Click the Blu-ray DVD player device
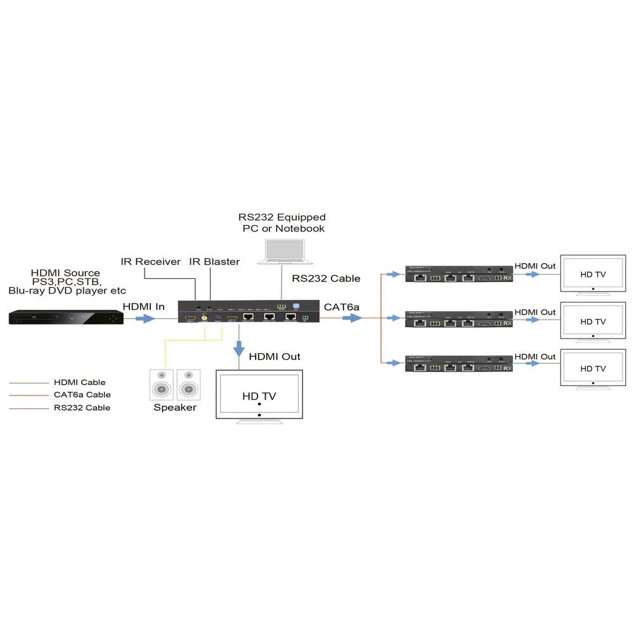[x=66, y=317]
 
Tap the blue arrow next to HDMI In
[x=145, y=318]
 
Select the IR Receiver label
[x=150, y=261]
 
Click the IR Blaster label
[x=215, y=261]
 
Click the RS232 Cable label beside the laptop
[x=326, y=278]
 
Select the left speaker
[x=161, y=384]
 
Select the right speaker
[x=188, y=384]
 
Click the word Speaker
[x=175, y=408]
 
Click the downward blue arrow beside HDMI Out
[x=239, y=349]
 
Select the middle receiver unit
[x=458, y=320]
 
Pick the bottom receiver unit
[x=458, y=365]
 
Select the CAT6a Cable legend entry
[x=82, y=395]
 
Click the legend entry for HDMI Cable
[x=80, y=382]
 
